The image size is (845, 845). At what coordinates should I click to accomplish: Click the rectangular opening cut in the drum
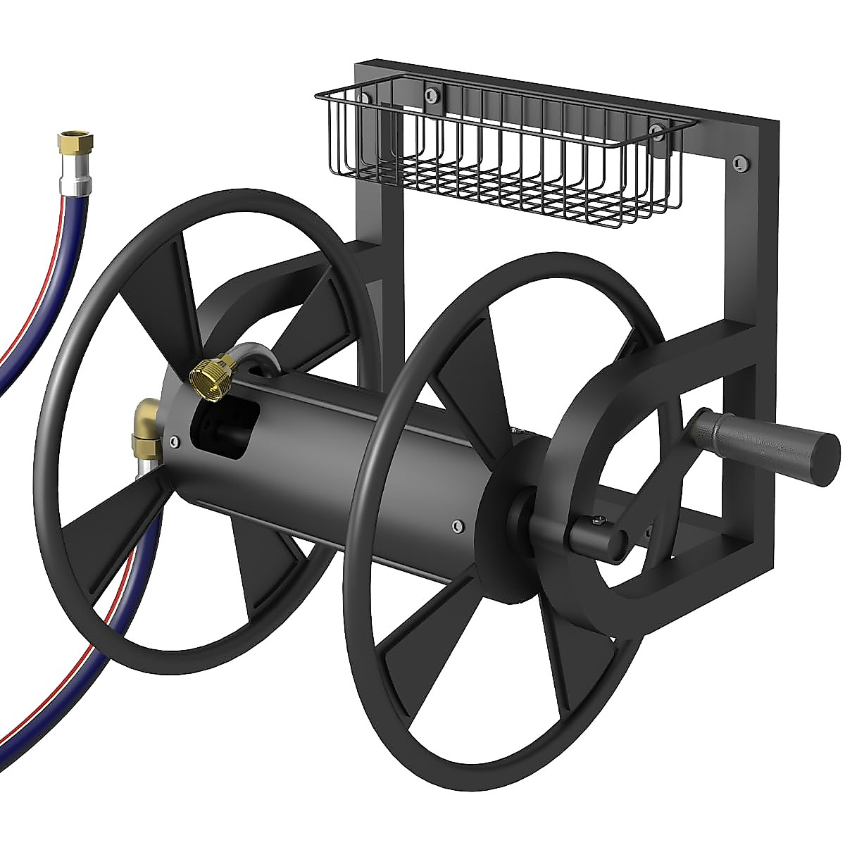219,432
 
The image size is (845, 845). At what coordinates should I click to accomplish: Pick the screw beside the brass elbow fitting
173,442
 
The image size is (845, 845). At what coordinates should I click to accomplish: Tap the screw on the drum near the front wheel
458,525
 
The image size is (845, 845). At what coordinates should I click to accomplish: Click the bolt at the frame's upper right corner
738,162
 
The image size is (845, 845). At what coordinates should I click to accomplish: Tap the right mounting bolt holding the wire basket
656,132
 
